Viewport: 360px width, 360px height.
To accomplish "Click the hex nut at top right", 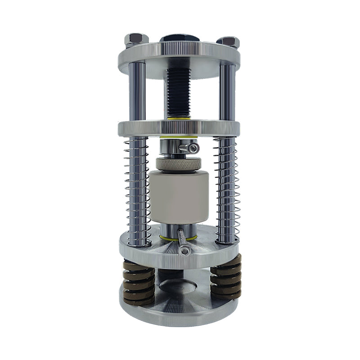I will (228, 42).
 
